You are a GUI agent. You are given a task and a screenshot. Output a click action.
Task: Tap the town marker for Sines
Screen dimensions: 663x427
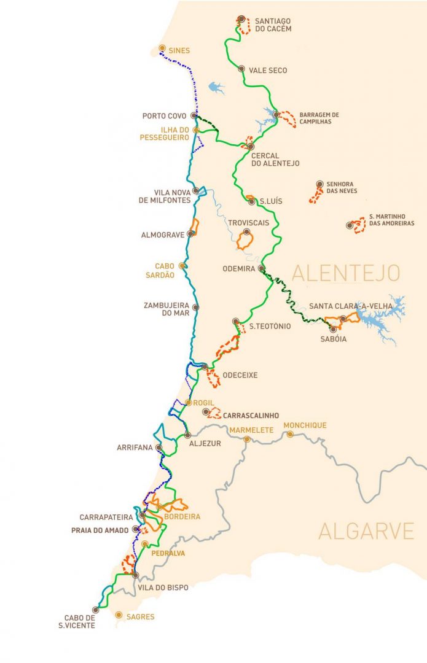coord(162,48)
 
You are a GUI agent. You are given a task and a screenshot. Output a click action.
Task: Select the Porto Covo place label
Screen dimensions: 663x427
coord(165,115)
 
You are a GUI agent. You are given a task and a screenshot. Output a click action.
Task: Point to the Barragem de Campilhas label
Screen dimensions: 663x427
coord(319,118)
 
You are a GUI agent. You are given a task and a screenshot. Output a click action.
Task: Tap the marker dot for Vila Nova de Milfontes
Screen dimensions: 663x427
coord(196,190)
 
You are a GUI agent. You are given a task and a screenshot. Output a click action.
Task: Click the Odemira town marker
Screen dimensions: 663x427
coord(261,268)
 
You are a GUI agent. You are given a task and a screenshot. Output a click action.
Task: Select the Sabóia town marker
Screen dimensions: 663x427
coord(333,329)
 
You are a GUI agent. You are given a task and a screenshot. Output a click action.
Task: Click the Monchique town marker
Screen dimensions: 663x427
coord(289,434)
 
